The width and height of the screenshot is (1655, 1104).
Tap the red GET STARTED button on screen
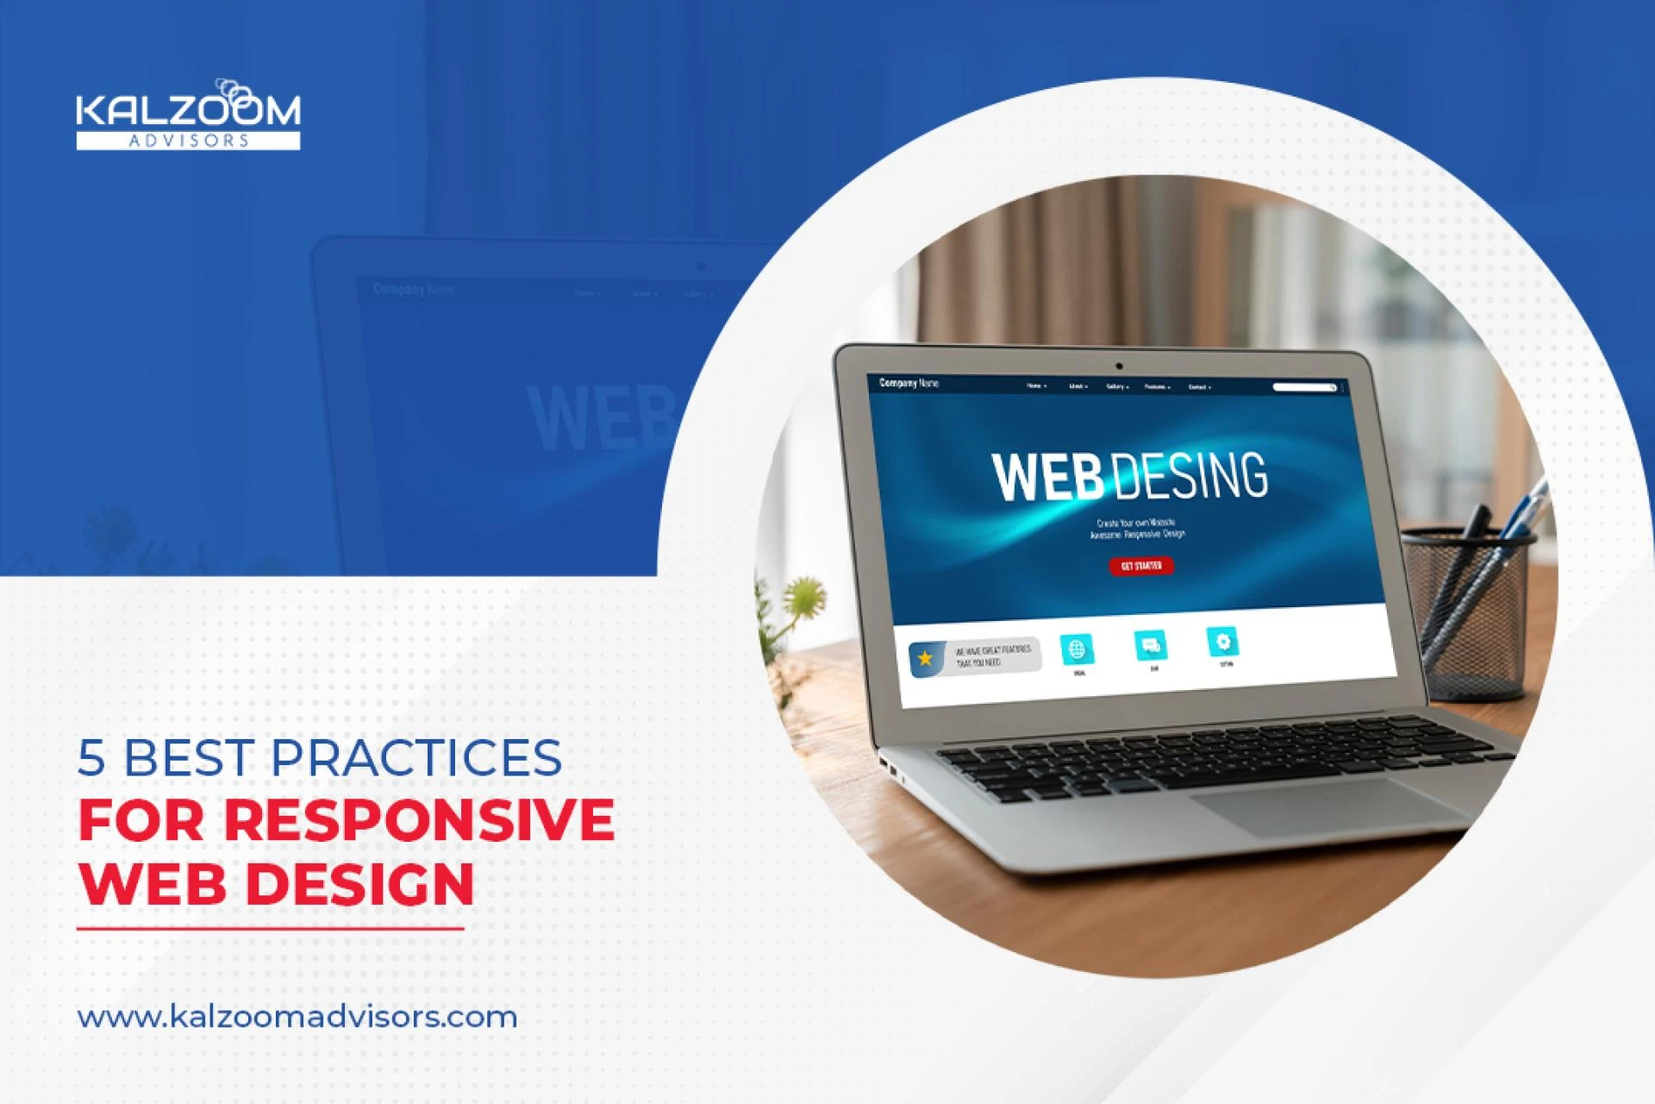click(x=1140, y=566)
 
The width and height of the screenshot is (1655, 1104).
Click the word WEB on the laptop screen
click(x=1046, y=476)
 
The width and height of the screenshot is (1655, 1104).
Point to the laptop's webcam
click(x=1119, y=367)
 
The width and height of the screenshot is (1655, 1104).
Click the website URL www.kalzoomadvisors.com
click(x=297, y=1016)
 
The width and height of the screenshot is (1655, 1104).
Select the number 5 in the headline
click(x=91, y=758)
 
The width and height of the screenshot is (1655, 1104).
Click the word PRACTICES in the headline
click(x=415, y=757)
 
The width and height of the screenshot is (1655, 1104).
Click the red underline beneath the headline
click(x=270, y=929)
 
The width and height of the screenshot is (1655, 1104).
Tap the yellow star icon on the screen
click(x=926, y=659)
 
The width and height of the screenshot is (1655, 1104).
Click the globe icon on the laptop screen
click(x=1077, y=649)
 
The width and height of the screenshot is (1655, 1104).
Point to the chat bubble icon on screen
click(x=1151, y=644)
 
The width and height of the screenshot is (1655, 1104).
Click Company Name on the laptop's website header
click(x=909, y=383)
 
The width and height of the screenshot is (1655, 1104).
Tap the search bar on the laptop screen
click(x=1303, y=387)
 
